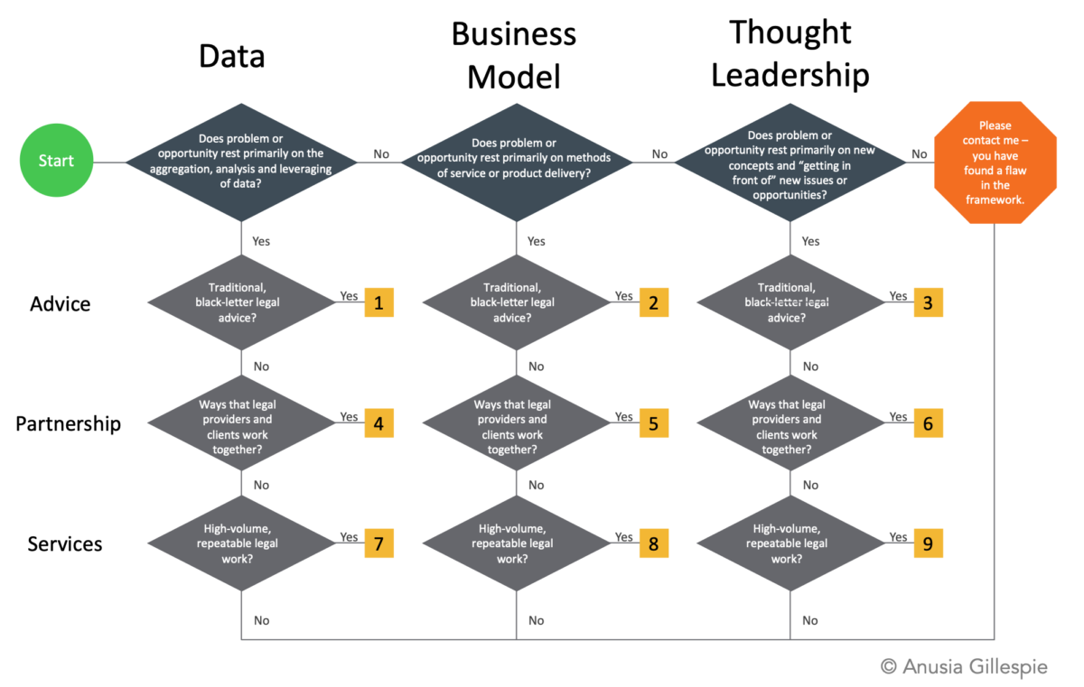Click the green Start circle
click(x=56, y=160)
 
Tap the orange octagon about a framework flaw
click(x=995, y=162)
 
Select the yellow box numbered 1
click(x=378, y=302)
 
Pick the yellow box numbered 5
click(x=654, y=423)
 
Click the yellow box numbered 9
click(x=929, y=543)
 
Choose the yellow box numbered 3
click(x=929, y=302)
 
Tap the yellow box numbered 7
click(x=378, y=543)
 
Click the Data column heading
click(x=232, y=56)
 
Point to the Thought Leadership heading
click(x=790, y=53)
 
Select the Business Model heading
click(x=514, y=56)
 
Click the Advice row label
click(x=60, y=304)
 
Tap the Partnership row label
click(x=69, y=424)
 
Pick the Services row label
click(x=65, y=543)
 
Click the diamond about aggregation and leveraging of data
click(x=241, y=162)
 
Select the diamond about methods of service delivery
click(x=517, y=162)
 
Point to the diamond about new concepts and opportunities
click(x=790, y=162)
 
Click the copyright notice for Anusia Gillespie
click(x=964, y=667)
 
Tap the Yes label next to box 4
click(x=349, y=417)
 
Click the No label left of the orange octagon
click(x=920, y=154)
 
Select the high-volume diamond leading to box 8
click(x=517, y=543)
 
